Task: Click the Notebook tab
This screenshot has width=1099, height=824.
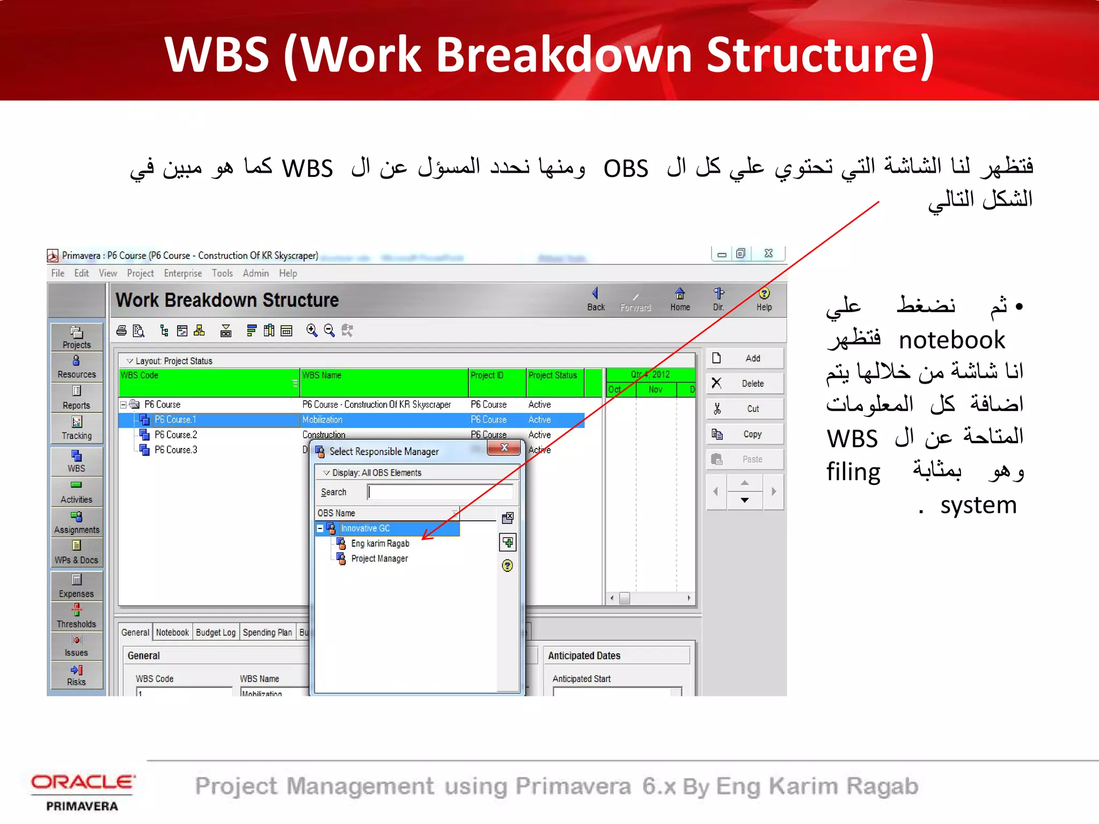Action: (172, 632)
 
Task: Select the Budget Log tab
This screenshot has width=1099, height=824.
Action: (215, 632)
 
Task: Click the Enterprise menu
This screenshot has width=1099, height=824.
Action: (183, 273)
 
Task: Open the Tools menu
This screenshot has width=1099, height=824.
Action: (222, 273)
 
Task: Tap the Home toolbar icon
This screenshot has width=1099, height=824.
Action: (680, 299)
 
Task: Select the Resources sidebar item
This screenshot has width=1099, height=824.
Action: (76, 367)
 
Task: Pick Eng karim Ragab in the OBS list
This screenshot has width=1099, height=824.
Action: (380, 543)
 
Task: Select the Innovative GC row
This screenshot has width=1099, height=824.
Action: (365, 528)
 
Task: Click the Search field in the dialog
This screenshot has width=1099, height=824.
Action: (440, 492)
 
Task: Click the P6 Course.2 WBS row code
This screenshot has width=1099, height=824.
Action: (176, 435)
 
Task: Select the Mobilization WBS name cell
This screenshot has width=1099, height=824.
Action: (323, 420)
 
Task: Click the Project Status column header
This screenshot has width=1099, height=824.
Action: (553, 376)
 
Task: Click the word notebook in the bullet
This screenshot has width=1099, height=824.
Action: (951, 340)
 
